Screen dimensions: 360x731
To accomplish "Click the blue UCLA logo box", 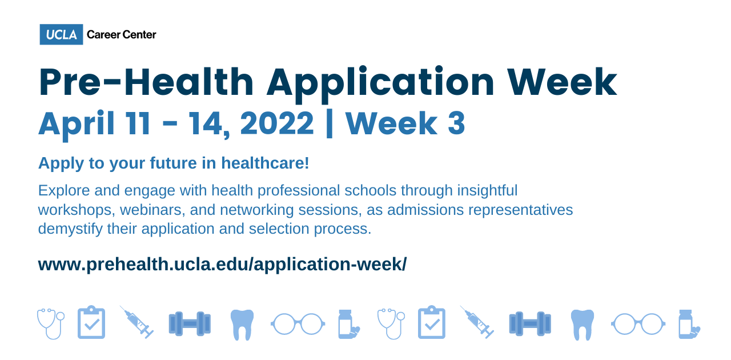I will pos(61,34).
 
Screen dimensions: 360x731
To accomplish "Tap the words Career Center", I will pos(121,35).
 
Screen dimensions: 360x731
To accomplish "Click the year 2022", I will pos(277,123).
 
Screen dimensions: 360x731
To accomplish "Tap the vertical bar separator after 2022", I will pos(329,124).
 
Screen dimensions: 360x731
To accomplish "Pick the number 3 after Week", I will pos(456,123).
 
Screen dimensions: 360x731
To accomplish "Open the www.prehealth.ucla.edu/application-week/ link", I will pos(222,265).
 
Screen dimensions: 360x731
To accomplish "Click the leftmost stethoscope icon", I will pos(50,323).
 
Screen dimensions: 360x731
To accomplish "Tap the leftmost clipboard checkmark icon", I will pos(91,323).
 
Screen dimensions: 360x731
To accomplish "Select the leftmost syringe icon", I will pos(136,322).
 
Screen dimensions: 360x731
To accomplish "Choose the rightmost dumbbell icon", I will pos(530,323).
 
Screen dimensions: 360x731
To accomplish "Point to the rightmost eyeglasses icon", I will pos(638,324).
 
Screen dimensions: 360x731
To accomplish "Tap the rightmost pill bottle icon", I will pos(688,324).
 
